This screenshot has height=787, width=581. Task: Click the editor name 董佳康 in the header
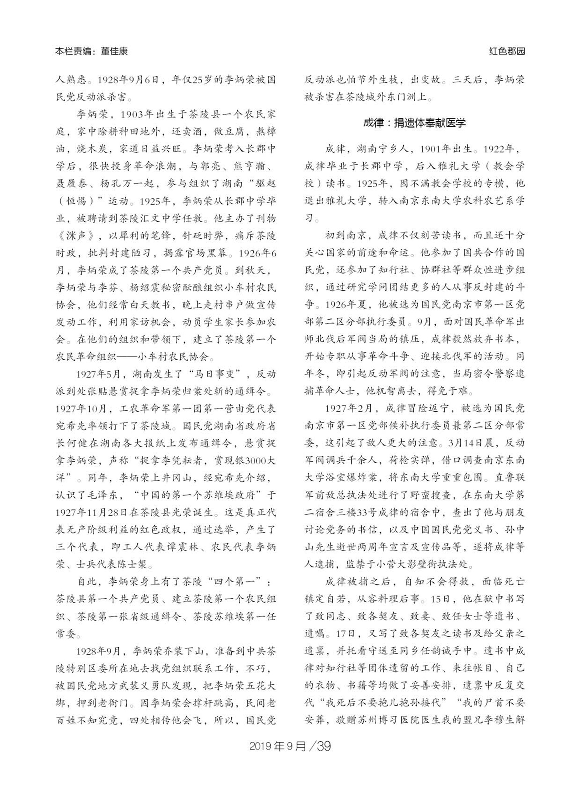coord(114,51)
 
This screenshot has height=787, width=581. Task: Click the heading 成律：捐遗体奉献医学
coord(414,123)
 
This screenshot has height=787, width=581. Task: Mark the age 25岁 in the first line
coord(199,80)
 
